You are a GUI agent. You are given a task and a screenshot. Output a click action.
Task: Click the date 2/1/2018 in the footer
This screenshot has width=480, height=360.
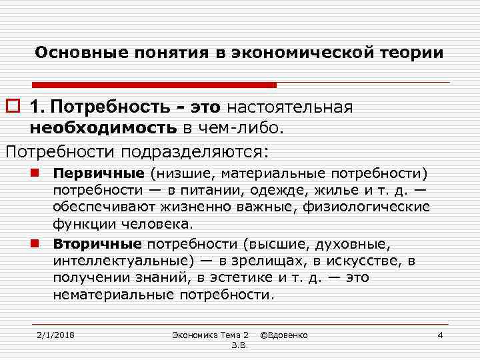(x=55, y=334)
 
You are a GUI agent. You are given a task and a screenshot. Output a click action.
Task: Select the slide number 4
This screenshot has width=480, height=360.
(x=439, y=334)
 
